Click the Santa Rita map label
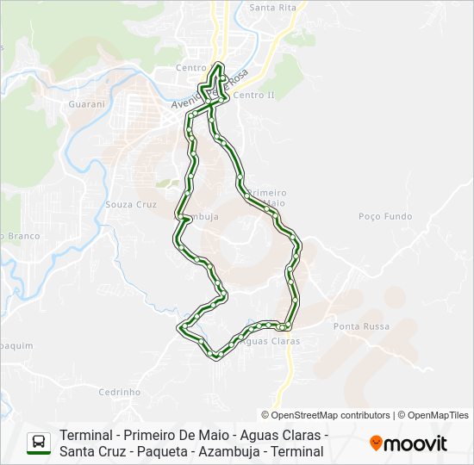click(272, 8)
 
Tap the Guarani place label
click(85, 104)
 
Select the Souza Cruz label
click(130, 204)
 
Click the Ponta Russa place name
click(361, 326)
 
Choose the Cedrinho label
click(120, 392)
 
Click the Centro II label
click(253, 95)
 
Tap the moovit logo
click(409, 443)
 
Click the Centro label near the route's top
click(190, 67)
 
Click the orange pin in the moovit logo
click(376, 443)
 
